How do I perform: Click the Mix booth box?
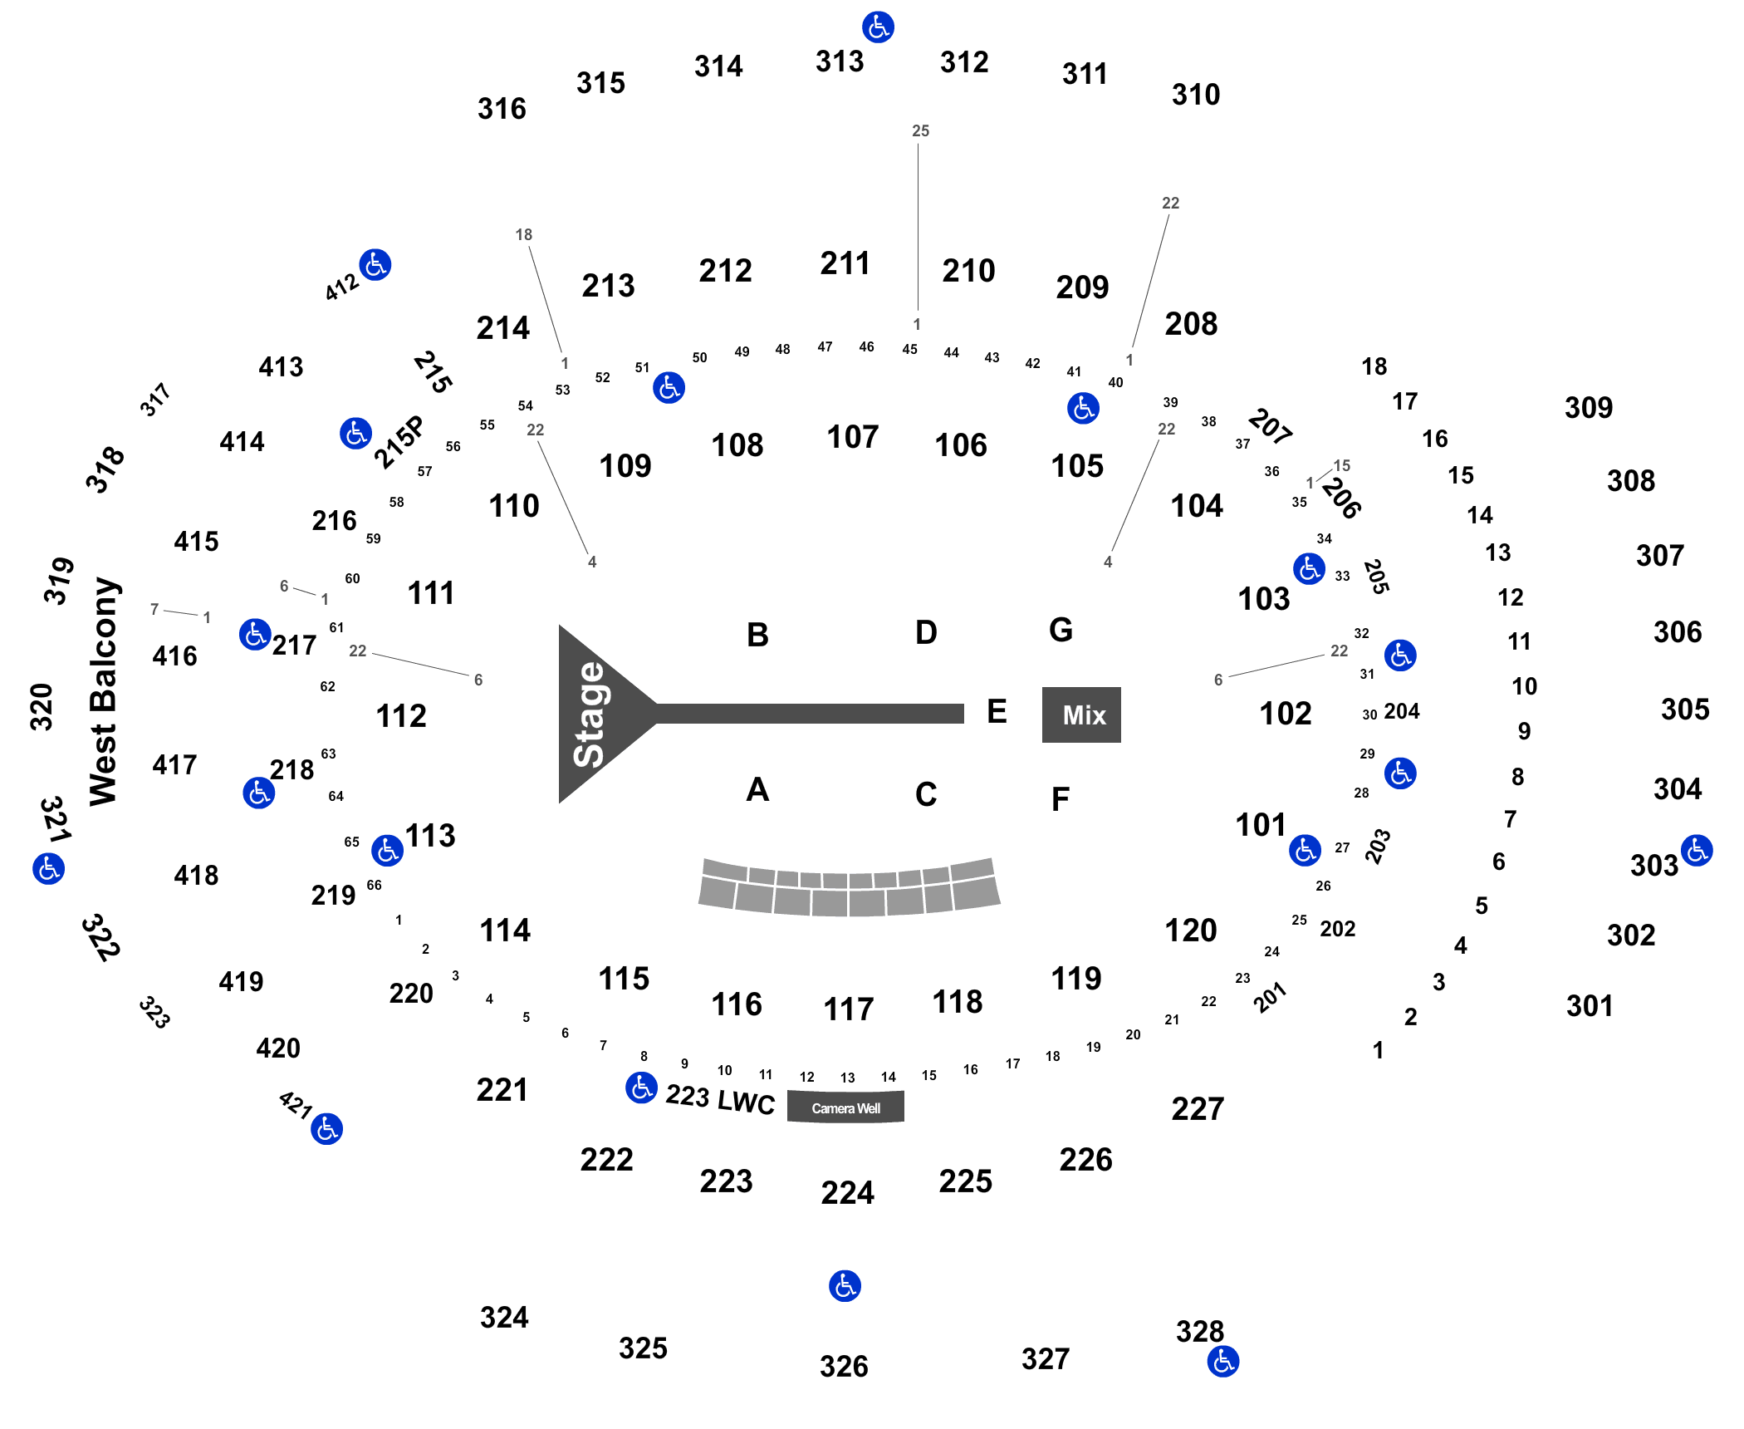click(1081, 714)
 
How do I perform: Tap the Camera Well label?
click(845, 1108)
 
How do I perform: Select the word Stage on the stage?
click(589, 714)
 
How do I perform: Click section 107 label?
click(853, 437)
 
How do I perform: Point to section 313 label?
click(840, 61)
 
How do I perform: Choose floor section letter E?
click(997, 711)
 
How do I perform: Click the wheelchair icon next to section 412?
click(375, 265)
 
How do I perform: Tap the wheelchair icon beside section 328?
click(1223, 1362)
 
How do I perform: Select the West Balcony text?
click(105, 691)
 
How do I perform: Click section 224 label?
click(848, 1193)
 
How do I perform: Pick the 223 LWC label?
click(720, 1099)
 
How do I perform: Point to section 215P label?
click(399, 442)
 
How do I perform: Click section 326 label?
click(844, 1367)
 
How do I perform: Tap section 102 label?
click(1286, 714)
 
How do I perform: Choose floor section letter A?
click(757, 789)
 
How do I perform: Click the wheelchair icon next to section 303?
click(1697, 851)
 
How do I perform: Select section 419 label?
click(241, 982)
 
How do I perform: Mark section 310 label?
click(1196, 95)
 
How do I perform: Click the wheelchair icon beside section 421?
click(327, 1129)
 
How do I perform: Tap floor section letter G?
click(1061, 630)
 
